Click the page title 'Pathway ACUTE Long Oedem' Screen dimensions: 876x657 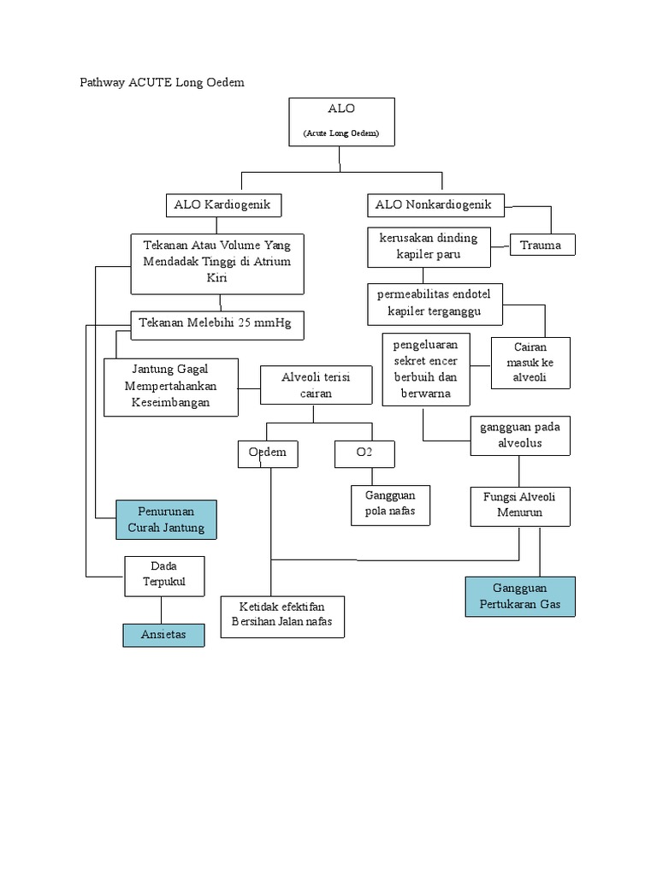coord(162,82)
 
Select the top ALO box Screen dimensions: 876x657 coord(341,121)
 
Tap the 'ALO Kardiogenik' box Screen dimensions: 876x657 coord(222,205)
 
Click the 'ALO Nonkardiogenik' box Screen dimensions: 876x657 coord(436,205)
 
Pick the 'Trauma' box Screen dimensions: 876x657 coord(542,245)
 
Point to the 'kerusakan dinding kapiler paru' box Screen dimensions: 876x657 coord(429,246)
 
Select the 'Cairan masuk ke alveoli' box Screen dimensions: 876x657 coord(530,363)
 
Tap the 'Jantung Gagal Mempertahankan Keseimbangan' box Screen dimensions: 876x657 coord(171,386)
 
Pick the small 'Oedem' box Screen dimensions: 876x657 coord(268,453)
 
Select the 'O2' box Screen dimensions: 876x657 coord(364,453)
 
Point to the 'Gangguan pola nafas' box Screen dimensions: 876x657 coord(390,505)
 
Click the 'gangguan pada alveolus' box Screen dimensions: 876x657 coord(520,435)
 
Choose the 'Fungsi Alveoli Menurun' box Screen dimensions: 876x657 coord(520,505)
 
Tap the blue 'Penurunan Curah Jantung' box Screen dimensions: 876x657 coord(166,519)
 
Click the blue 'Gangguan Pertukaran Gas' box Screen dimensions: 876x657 coord(520,596)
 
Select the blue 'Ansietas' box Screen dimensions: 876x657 coord(163,635)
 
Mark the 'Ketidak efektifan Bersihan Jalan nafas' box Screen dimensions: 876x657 coord(282,616)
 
